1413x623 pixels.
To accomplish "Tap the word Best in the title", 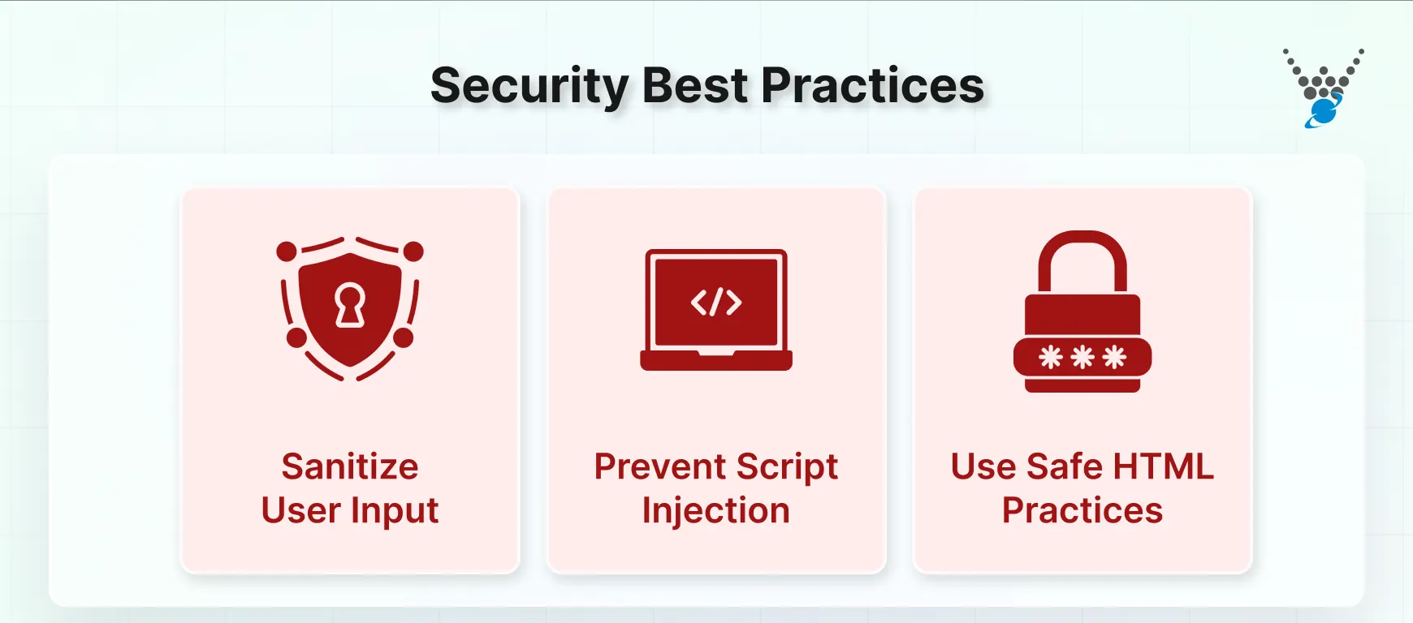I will [695, 86].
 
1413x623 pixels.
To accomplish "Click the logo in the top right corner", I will [1324, 88].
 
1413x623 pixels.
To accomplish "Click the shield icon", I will [350, 308].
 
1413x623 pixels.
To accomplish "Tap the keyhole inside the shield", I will [350, 306].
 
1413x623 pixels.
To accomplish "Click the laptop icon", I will [716, 310].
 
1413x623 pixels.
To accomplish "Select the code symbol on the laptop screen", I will [716, 303].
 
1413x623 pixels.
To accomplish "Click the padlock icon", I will [1082, 312].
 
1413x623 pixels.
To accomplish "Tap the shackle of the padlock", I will [1082, 260].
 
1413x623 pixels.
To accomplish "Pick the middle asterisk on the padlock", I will [1082, 357].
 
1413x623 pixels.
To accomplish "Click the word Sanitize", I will [350, 466].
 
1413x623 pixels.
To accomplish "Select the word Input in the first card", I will [395, 511].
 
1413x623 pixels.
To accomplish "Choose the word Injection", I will [716, 511].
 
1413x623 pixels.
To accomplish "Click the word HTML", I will [1163, 466].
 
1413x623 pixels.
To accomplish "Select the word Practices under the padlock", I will [1082, 511].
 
